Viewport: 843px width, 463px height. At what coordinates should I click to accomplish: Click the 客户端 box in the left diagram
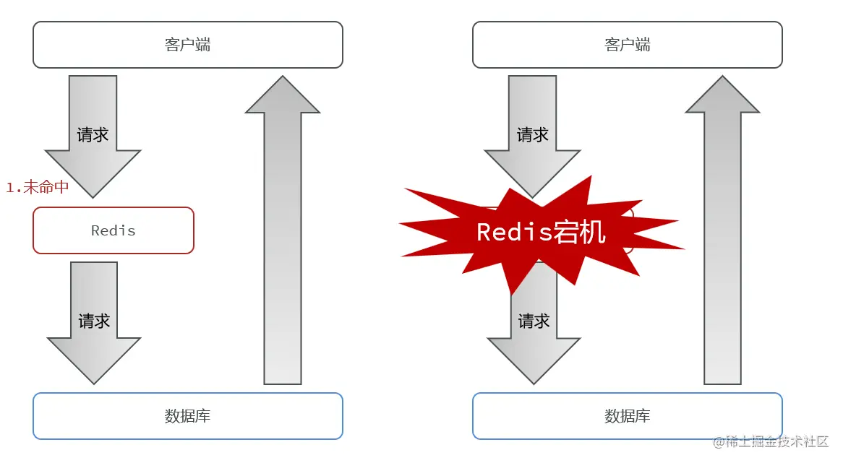[x=187, y=45]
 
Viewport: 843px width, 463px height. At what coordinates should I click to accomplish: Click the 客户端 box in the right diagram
[x=627, y=45]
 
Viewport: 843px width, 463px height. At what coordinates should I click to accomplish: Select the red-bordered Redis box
[x=114, y=230]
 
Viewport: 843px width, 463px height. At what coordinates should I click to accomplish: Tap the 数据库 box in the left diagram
[x=187, y=416]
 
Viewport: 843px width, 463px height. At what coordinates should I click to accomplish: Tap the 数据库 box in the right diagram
[x=627, y=416]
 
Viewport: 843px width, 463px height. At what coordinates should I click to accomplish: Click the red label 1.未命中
[x=38, y=187]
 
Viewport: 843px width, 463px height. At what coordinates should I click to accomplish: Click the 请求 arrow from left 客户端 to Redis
[x=93, y=134]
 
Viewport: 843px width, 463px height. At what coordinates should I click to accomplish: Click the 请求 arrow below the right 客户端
[x=533, y=134]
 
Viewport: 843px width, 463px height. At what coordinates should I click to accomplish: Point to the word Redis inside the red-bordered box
[x=114, y=231]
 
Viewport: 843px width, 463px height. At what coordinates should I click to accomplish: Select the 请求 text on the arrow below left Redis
[x=94, y=321]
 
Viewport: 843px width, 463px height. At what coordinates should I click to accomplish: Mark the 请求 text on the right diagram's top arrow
[x=533, y=135]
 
